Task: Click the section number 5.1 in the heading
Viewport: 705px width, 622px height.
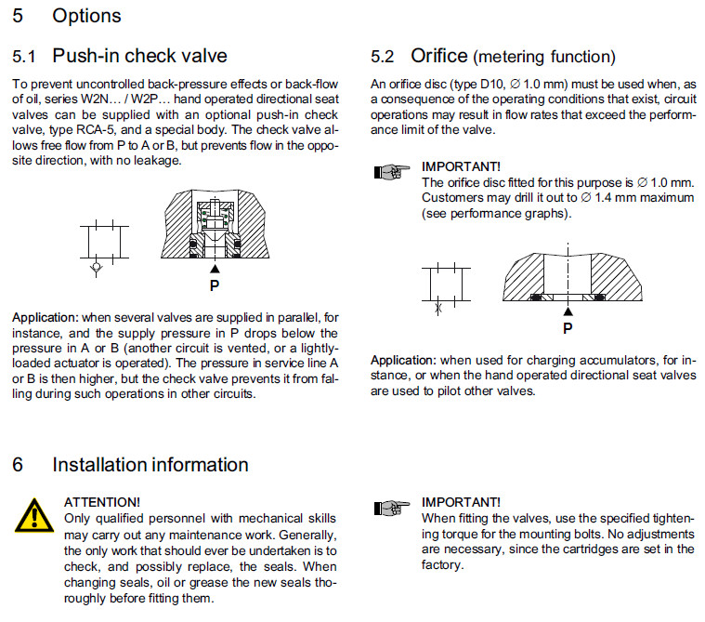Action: tap(25, 56)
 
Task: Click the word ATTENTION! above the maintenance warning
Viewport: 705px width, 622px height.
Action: tap(102, 501)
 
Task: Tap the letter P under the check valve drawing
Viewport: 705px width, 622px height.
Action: tap(215, 286)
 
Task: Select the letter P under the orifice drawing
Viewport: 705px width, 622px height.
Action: tap(568, 328)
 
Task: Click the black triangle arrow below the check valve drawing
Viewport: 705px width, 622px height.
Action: tap(215, 271)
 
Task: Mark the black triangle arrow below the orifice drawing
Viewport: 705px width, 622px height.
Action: tap(568, 312)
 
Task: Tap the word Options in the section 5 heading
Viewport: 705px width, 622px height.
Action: tap(86, 16)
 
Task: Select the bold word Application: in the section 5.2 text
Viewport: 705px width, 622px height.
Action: tap(403, 360)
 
